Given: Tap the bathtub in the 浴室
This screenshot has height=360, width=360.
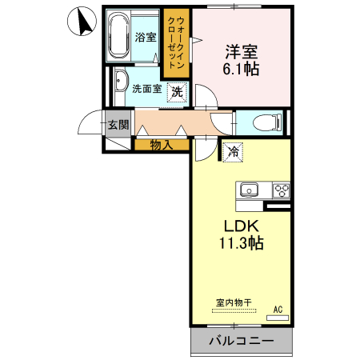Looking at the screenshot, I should coord(119,37).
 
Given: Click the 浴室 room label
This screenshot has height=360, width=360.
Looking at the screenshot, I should coord(145,37).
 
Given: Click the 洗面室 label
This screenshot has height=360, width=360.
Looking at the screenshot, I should coord(146,90).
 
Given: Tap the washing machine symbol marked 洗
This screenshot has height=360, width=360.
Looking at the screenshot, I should coord(178,91).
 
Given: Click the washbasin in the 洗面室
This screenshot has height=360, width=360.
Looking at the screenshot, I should coord(120,83).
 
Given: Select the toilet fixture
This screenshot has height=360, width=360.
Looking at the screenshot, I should coord(267,122).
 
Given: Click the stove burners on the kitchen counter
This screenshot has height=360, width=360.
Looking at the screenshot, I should coord(281,190).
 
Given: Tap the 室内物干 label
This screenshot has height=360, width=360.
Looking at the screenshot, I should coord(233,302).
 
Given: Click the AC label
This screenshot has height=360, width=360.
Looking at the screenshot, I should coord(278,308).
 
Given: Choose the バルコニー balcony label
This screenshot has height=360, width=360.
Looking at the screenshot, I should coord(242,341).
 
